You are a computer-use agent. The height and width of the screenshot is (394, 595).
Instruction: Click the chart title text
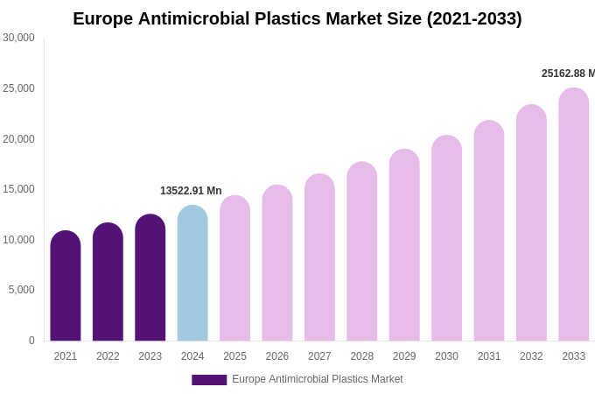(x=297, y=18)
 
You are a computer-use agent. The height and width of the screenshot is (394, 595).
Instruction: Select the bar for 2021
(x=66, y=286)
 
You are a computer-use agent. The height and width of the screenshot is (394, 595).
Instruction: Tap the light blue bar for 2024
(x=192, y=273)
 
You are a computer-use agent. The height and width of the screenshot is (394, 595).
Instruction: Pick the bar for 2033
(x=574, y=215)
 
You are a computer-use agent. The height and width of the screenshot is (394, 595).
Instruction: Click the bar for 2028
(x=362, y=251)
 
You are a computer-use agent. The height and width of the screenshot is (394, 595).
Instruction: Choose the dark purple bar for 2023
(x=150, y=278)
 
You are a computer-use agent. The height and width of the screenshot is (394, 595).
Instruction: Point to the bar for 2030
(x=446, y=238)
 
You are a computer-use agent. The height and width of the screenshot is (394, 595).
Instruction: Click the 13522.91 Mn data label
(x=191, y=191)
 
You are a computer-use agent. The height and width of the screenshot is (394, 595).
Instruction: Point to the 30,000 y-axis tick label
(x=18, y=38)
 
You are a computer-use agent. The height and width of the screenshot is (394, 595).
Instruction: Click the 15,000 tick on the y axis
(x=18, y=189)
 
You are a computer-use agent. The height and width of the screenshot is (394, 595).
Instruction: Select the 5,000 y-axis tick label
(x=22, y=290)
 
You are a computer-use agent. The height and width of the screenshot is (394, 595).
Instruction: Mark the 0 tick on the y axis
(x=31, y=341)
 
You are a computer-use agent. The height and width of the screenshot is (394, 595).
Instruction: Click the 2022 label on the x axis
(x=108, y=356)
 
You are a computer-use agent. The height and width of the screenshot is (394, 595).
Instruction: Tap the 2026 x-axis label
(x=277, y=356)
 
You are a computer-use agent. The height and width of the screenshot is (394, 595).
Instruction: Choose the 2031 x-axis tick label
(x=489, y=356)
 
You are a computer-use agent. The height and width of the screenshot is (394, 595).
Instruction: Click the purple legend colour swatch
(x=209, y=380)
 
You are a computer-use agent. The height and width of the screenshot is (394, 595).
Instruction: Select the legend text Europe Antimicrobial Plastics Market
(x=318, y=379)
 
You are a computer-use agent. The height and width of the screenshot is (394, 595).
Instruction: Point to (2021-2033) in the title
(x=474, y=18)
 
